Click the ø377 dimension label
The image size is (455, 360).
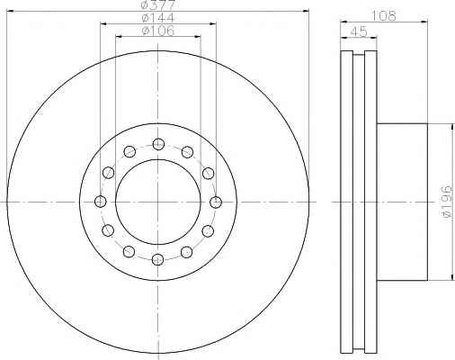(x=157, y=4)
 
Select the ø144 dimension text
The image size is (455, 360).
(x=157, y=18)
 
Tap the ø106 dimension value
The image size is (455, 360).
(x=158, y=31)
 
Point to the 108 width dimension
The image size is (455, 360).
(x=384, y=15)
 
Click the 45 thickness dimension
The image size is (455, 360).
(x=359, y=31)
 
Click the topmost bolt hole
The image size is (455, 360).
(x=158, y=144)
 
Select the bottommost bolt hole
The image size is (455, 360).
(x=158, y=259)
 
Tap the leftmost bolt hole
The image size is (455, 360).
(x=100, y=202)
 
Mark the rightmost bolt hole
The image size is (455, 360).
(x=216, y=202)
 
